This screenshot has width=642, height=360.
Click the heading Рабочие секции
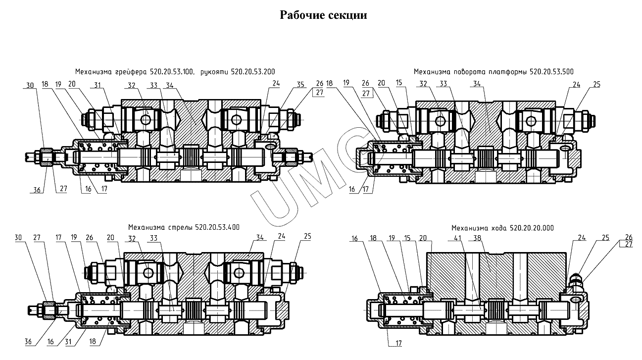tap(323, 15)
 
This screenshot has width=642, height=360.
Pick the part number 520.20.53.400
tap(217, 228)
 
